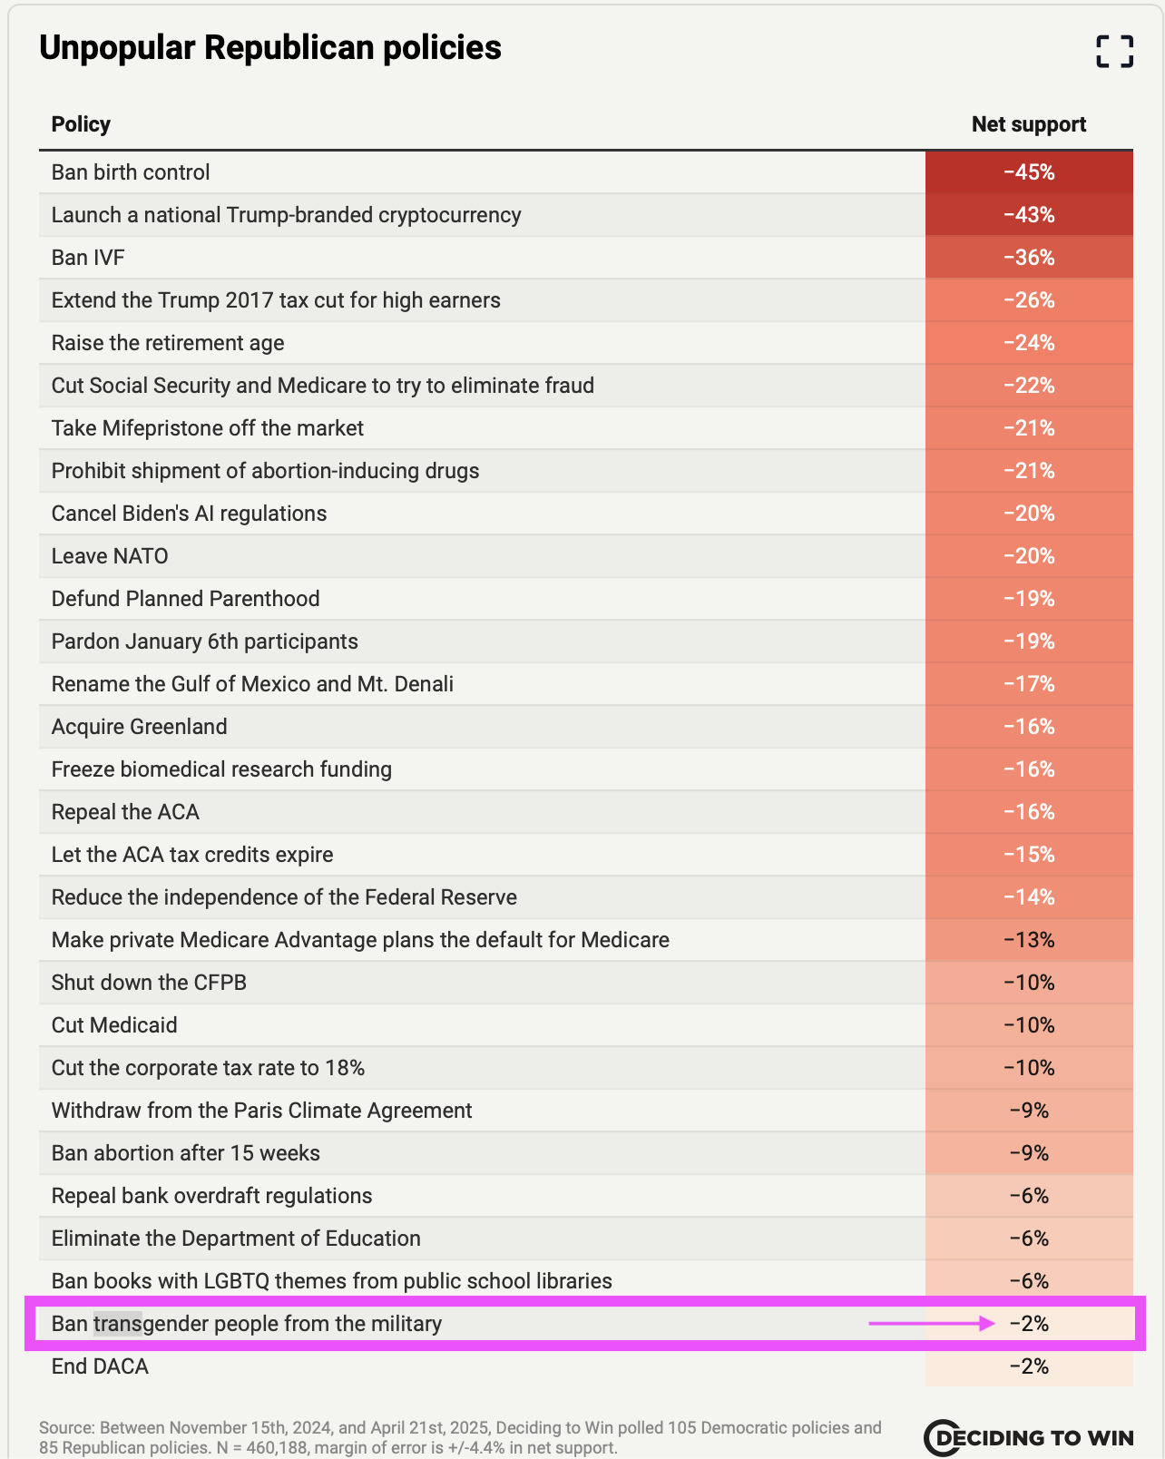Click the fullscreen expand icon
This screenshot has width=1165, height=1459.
click(x=1114, y=51)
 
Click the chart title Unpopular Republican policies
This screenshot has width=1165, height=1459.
click(x=270, y=48)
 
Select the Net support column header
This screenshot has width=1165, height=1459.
click(x=1028, y=124)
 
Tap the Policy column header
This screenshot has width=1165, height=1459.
click(x=81, y=124)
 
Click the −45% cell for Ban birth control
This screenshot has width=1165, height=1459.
click(x=1029, y=172)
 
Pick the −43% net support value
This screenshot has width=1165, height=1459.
click(x=1029, y=215)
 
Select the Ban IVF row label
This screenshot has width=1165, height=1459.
click(x=88, y=258)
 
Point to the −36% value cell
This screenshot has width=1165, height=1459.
click(x=1029, y=258)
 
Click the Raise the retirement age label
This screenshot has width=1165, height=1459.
click(x=168, y=343)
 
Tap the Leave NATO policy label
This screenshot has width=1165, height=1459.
click(x=110, y=556)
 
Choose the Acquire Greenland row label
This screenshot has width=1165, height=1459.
click(x=140, y=727)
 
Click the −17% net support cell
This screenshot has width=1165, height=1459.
click(x=1029, y=684)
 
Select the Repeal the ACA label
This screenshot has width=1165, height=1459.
click(x=125, y=812)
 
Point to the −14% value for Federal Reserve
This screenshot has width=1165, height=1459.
click(x=1029, y=897)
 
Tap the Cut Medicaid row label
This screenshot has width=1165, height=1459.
click(x=114, y=1025)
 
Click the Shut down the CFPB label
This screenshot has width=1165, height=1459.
click(x=149, y=983)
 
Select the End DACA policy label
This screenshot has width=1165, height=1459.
click(x=100, y=1366)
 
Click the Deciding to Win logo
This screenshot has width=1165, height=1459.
click(x=1028, y=1437)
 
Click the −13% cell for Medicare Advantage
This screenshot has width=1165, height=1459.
click(x=1029, y=940)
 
